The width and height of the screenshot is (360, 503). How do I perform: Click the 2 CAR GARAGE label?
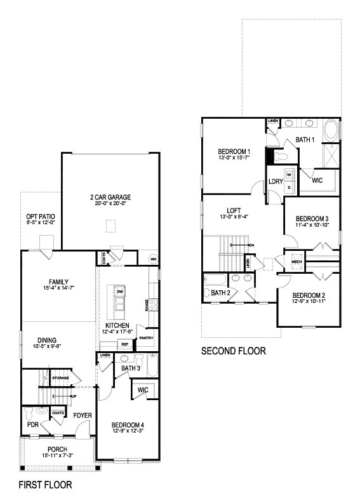(x=110, y=198)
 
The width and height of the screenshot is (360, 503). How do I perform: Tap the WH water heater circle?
(x=152, y=259)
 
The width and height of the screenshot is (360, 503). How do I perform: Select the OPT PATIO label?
(x=41, y=216)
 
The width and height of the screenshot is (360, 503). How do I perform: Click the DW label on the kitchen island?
(x=119, y=291)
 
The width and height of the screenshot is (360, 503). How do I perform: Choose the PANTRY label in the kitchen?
(x=147, y=338)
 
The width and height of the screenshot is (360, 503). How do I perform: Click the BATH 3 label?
(x=130, y=368)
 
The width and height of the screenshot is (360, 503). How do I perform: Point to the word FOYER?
(x=83, y=416)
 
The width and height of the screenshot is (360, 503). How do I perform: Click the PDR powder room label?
(x=33, y=424)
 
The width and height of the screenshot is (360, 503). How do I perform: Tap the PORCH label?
(x=57, y=450)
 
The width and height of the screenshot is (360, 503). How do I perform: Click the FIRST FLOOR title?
(x=44, y=485)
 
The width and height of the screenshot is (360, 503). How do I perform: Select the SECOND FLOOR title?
(x=233, y=351)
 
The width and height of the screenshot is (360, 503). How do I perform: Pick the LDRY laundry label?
(x=275, y=182)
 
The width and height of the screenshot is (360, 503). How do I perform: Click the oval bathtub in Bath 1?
(x=332, y=130)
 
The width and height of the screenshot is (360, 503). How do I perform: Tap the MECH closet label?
(x=297, y=261)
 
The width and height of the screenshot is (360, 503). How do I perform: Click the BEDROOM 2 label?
(x=309, y=295)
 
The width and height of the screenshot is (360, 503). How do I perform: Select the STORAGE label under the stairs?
(x=60, y=378)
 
